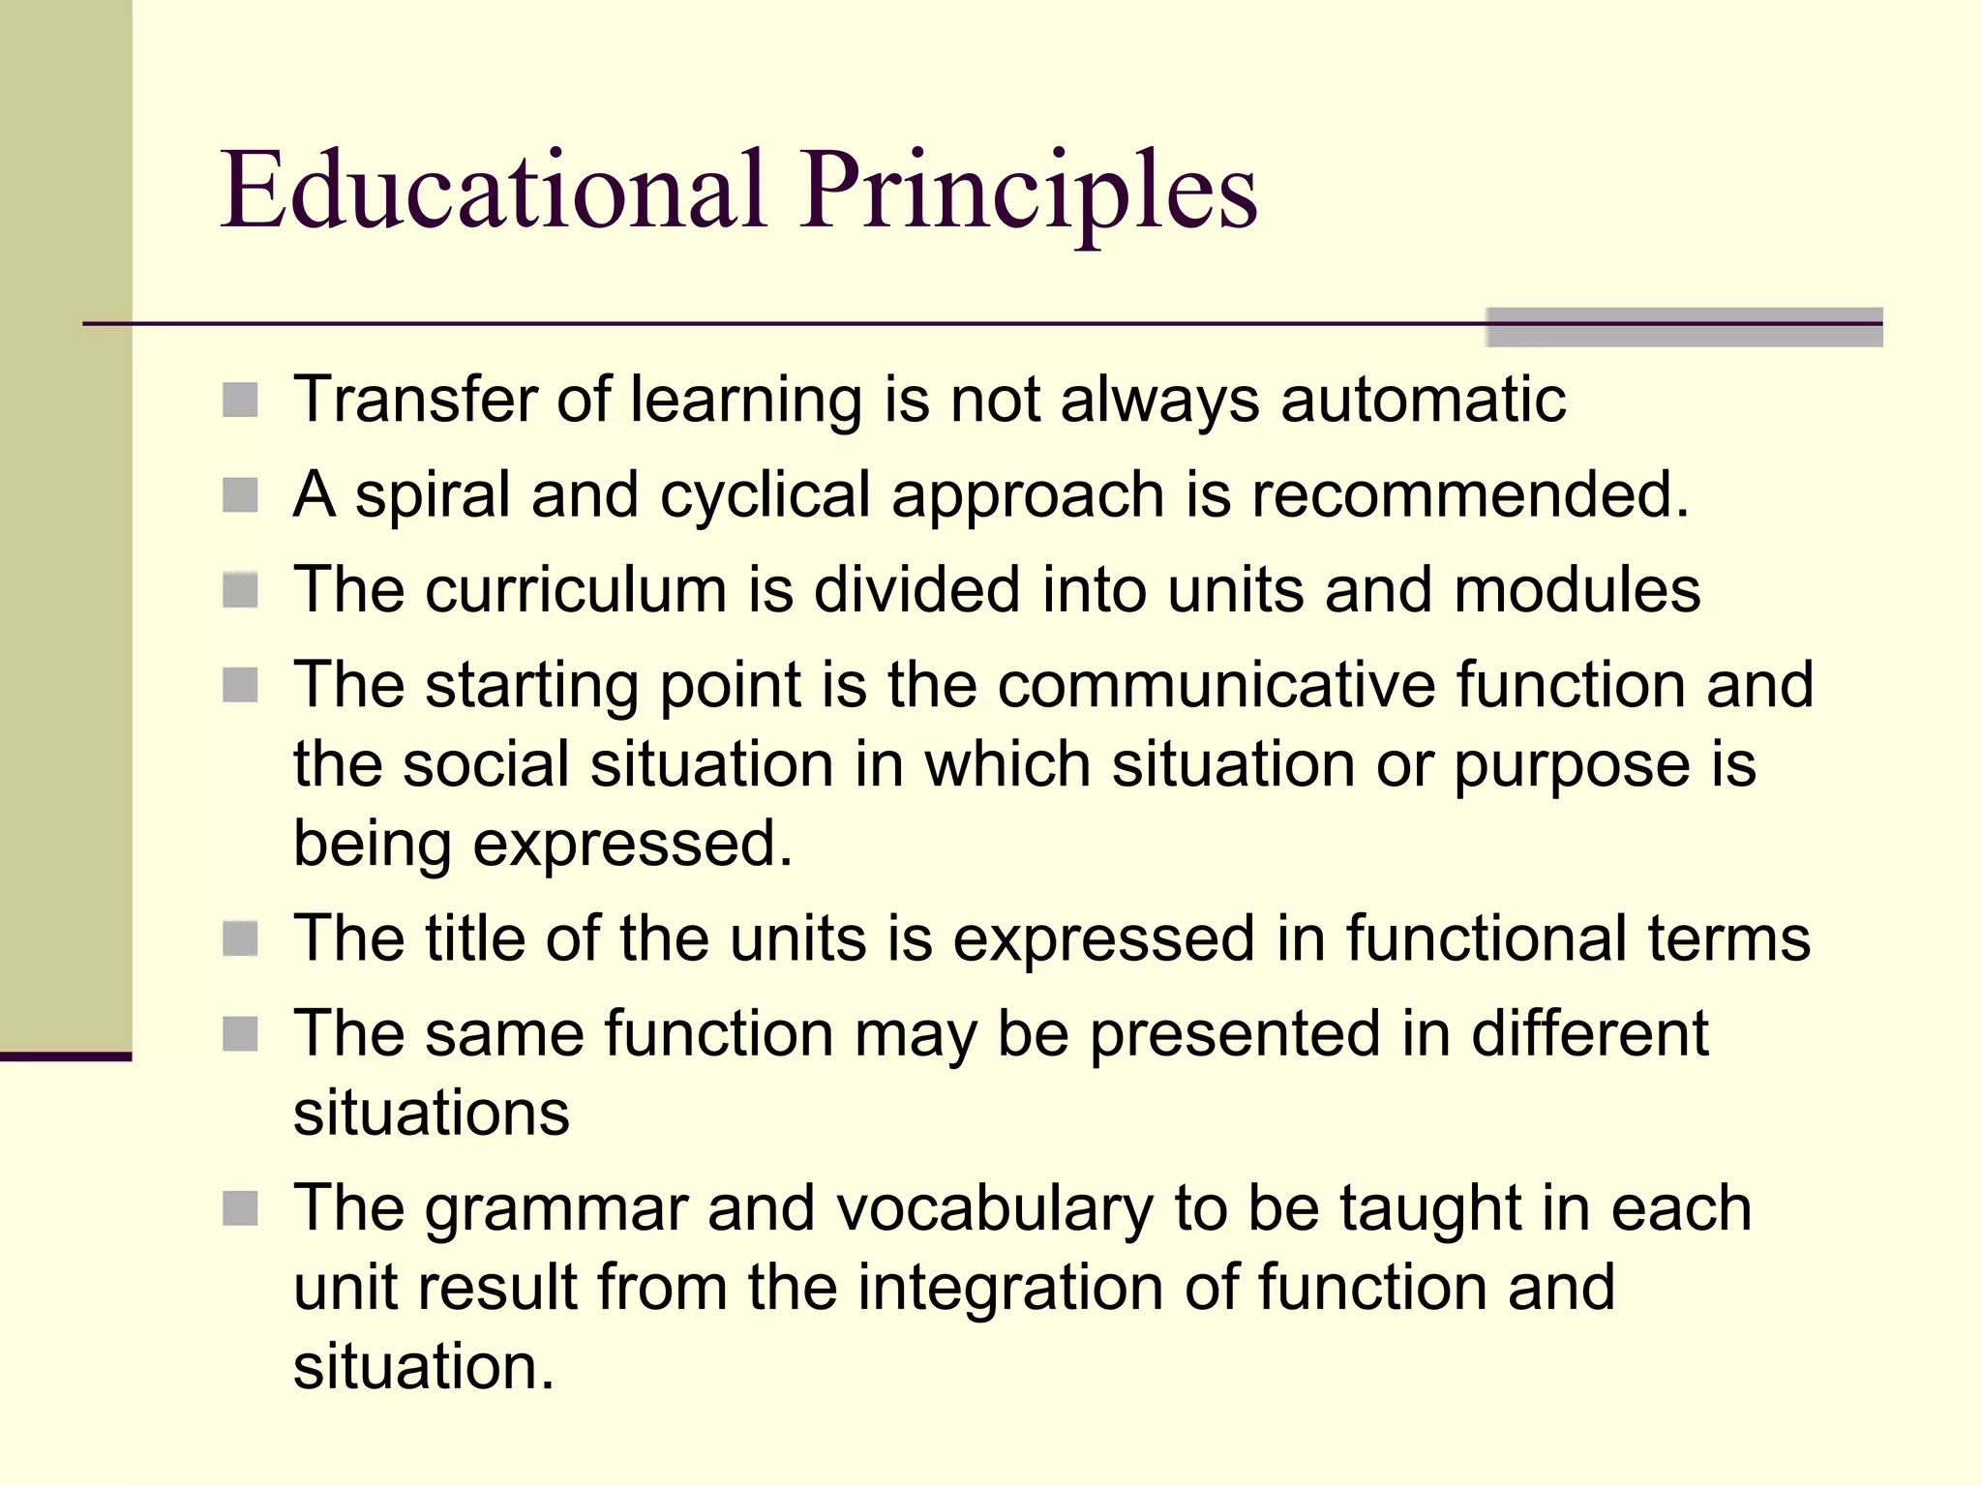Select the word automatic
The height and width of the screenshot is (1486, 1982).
(x=1423, y=400)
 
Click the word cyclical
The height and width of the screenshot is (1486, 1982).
(x=765, y=494)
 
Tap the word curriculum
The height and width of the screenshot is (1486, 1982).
(x=575, y=589)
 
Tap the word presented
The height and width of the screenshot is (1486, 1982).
(x=1235, y=1034)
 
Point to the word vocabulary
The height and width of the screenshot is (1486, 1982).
(x=995, y=1210)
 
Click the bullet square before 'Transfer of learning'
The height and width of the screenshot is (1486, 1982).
(x=240, y=400)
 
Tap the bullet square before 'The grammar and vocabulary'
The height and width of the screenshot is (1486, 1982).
(x=240, y=1208)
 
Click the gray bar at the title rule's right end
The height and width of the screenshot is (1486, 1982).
(x=1684, y=327)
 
